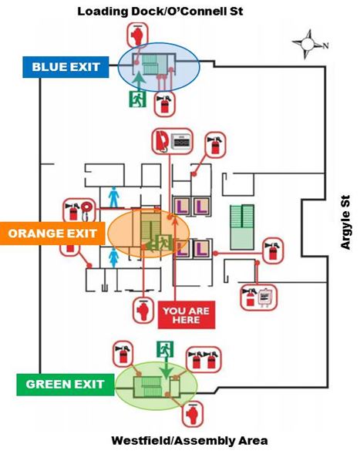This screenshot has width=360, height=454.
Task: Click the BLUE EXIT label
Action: tap(66, 67)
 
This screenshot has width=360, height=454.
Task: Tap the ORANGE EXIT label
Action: tap(52, 234)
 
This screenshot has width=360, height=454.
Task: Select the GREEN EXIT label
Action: tap(66, 385)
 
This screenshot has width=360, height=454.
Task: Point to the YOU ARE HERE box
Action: tap(187, 315)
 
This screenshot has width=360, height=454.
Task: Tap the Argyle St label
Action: tap(345, 222)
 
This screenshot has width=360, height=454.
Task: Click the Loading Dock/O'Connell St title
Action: tap(160, 12)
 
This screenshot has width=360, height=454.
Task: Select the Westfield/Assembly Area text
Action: tap(190, 441)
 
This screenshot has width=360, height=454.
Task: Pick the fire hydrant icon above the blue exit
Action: tap(137, 35)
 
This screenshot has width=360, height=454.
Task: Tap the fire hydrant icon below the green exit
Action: tap(192, 415)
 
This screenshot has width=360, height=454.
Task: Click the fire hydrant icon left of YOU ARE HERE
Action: tap(143, 311)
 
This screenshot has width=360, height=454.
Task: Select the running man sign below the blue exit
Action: tap(137, 99)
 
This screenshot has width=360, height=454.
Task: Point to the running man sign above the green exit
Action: tap(165, 349)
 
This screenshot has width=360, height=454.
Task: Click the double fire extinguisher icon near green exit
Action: tap(204, 360)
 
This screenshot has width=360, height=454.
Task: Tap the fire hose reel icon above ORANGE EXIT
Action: tap(86, 210)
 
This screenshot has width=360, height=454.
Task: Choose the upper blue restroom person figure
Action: tap(114, 197)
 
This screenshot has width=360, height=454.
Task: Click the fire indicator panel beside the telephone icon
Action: tap(181, 141)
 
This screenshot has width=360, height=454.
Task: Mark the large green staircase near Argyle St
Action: tap(242, 227)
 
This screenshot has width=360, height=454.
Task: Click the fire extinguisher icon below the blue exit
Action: tap(164, 104)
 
